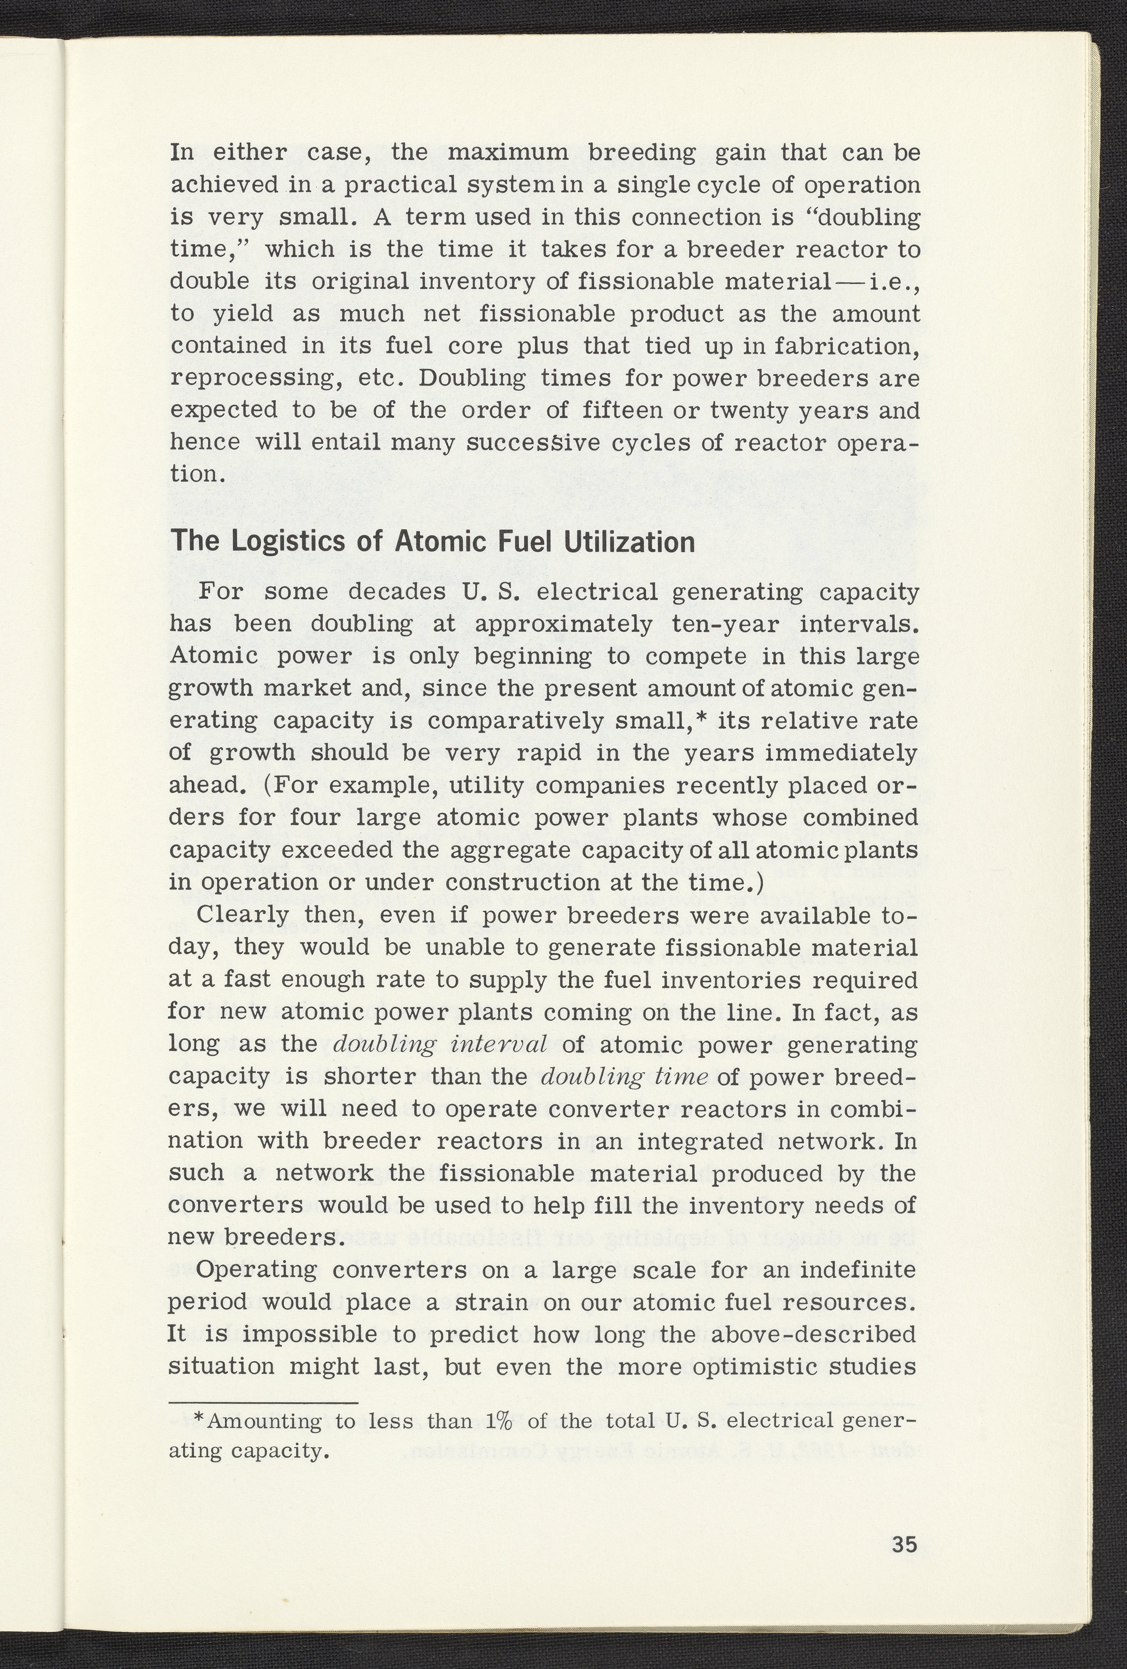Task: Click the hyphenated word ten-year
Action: pos(725,624)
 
